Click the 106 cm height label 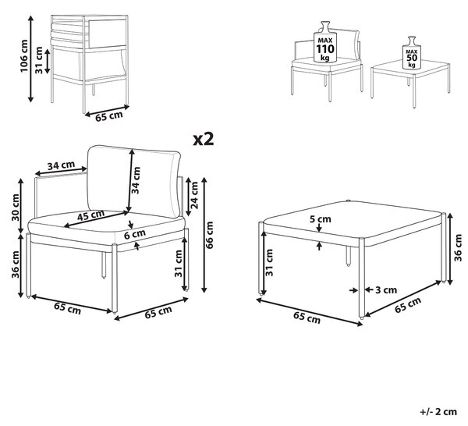tap(23, 56)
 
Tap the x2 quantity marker tap(204, 139)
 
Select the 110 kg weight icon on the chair tap(324, 42)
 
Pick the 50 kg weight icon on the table tap(412, 53)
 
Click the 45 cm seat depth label tap(91, 215)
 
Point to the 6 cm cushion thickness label tap(135, 234)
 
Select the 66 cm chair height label tap(210, 235)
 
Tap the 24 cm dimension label tap(194, 195)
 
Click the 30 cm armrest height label tap(16, 208)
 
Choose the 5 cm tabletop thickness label tap(321, 219)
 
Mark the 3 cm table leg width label tap(386, 290)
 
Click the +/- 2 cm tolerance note tap(438, 412)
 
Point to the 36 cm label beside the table tap(458, 247)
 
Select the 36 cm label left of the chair tap(16, 264)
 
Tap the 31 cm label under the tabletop tap(269, 263)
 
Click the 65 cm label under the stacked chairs tap(109, 115)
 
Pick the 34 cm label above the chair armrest tap(61, 165)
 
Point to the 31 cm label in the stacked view tap(39, 60)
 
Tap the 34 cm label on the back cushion tap(136, 180)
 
